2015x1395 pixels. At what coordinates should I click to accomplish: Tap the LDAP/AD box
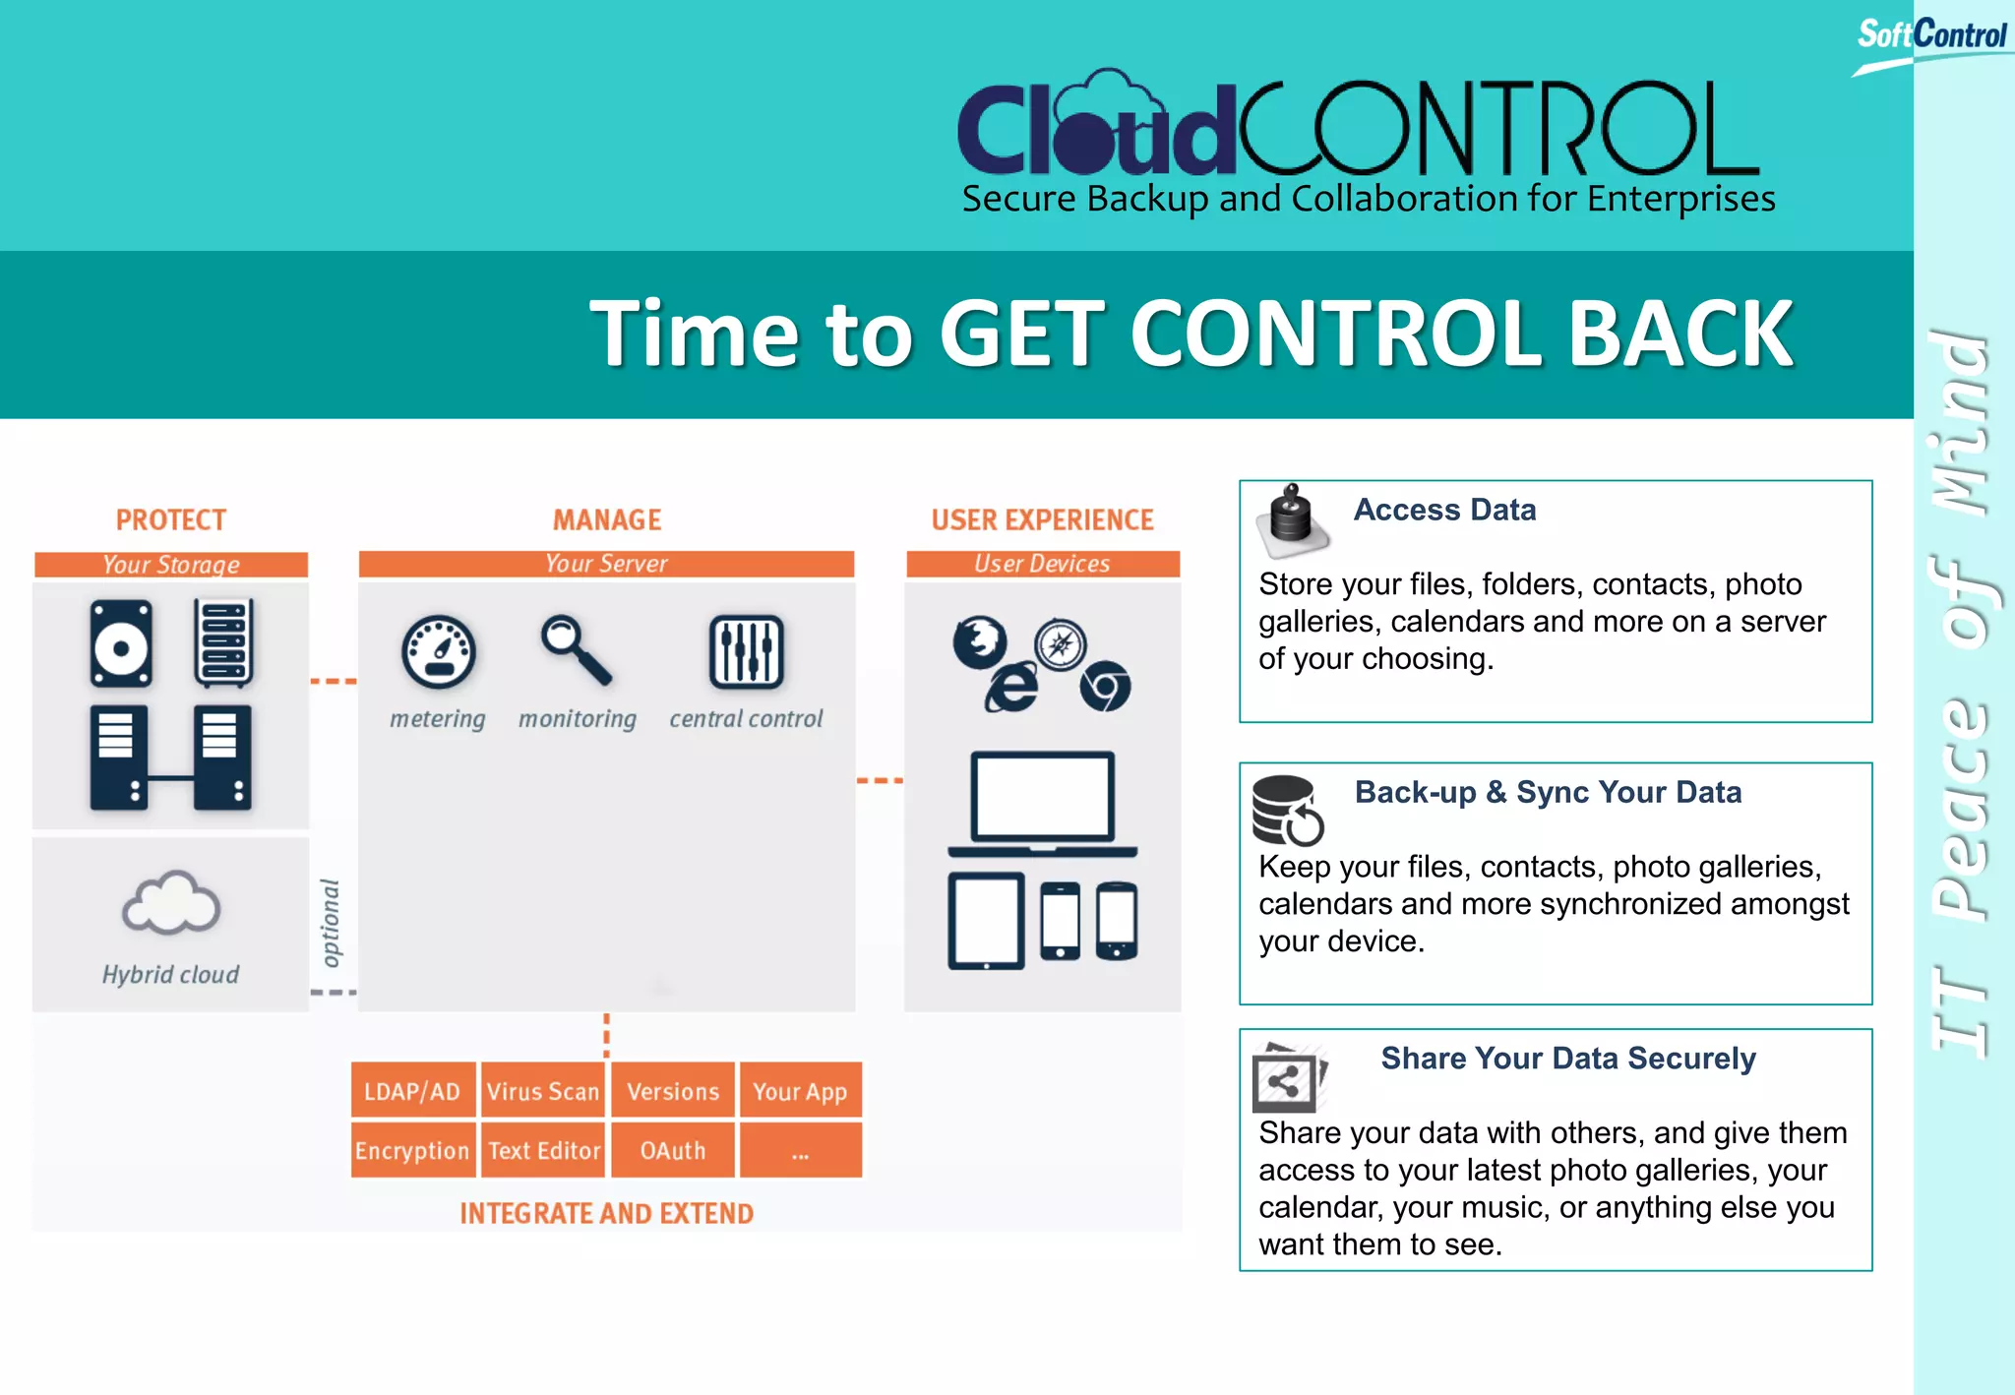[413, 1090]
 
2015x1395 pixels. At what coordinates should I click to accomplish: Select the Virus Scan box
[543, 1090]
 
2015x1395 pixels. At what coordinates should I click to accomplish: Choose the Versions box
[673, 1090]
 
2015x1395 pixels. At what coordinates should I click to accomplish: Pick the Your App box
[800, 1090]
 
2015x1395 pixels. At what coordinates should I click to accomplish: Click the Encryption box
[413, 1149]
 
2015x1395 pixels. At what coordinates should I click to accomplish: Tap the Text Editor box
[543, 1149]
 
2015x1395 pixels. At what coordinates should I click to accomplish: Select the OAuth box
[673, 1149]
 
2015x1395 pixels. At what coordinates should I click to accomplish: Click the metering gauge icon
[439, 651]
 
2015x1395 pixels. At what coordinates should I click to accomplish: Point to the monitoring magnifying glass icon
[577, 649]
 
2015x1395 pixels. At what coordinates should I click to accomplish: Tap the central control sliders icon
[747, 651]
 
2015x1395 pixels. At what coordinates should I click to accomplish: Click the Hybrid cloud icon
[171, 903]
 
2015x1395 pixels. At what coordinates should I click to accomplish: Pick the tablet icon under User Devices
[986, 921]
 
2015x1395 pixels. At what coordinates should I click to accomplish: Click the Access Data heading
[1444, 510]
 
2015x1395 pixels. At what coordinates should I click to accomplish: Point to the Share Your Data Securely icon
[1288, 1077]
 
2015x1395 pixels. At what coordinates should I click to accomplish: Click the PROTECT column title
[171, 519]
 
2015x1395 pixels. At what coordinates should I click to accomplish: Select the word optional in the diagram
[332, 923]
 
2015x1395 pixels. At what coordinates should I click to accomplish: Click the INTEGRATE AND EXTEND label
[606, 1213]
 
